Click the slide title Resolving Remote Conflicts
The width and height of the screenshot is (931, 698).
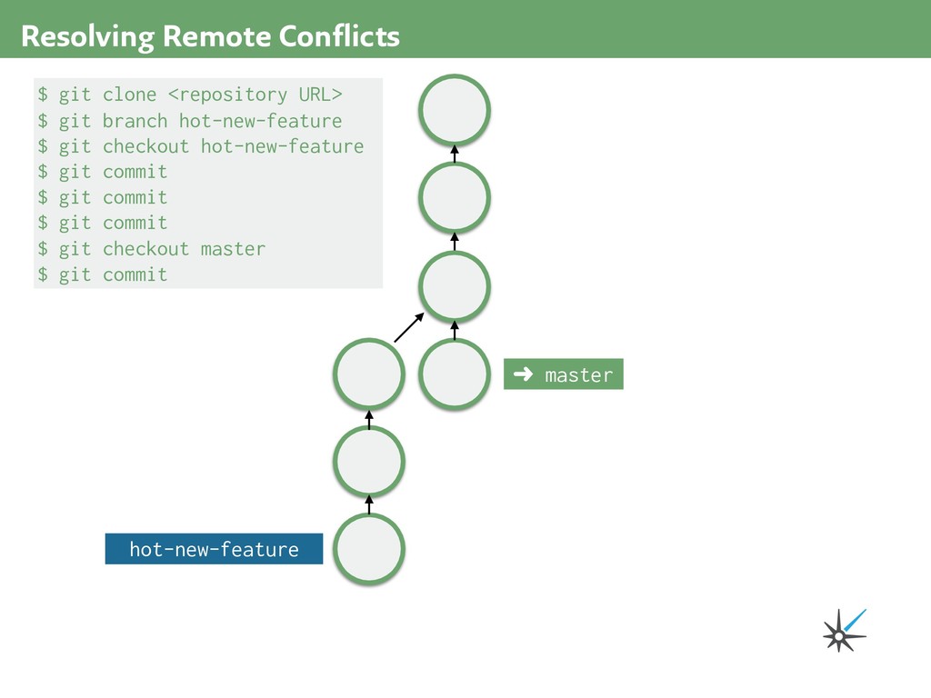tap(210, 36)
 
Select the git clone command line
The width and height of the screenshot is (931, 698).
tap(189, 95)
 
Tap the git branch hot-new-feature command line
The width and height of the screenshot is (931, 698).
tap(189, 121)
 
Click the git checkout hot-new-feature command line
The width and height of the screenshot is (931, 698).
tap(200, 146)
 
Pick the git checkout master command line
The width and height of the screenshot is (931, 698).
tap(151, 248)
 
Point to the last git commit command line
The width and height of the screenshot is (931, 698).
tap(102, 274)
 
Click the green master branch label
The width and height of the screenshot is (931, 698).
tap(564, 374)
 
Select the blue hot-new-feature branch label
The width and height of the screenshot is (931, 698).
tap(214, 549)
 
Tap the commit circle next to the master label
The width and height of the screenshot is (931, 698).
tap(455, 374)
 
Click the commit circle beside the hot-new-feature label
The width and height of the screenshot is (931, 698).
tap(369, 549)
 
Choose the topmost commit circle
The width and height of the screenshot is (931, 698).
tap(455, 110)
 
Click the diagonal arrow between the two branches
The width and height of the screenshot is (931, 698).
tap(409, 327)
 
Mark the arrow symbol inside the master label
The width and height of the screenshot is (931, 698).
tap(523, 374)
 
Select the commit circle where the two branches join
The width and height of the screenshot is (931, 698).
tap(455, 286)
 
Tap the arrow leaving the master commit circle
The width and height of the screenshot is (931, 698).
tap(455, 330)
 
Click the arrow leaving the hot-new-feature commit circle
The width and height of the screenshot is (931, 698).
tap(369, 504)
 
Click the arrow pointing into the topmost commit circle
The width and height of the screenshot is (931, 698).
tap(455, 154)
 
